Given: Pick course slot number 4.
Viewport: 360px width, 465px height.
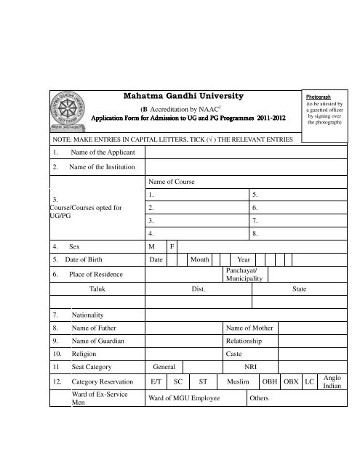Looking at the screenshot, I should tap(150, 233).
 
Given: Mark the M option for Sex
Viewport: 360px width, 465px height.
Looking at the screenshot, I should tap(151, 246).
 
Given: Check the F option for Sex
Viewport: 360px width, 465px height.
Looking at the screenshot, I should tap(172, 246).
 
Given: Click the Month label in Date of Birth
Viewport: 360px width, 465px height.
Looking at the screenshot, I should tap(199, 259).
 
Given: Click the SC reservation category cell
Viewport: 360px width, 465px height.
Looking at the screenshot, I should tap(177, 381).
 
